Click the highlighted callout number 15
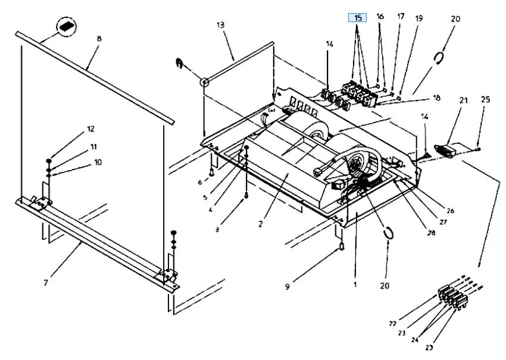click(x=358, y=18)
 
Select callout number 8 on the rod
click(x=99, y=38)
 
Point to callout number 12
click(x=90, y=129)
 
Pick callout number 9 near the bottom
click(x=287, y=287)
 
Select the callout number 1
click(x=355, y=285)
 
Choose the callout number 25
click(x=485, y=99)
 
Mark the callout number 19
click(x=419, y=18)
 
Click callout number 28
click(x=432, y=233)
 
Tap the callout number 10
click(x=98, y=162)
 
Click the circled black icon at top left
click(x=67, y=26)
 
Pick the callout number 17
click(x=401, y=17)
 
